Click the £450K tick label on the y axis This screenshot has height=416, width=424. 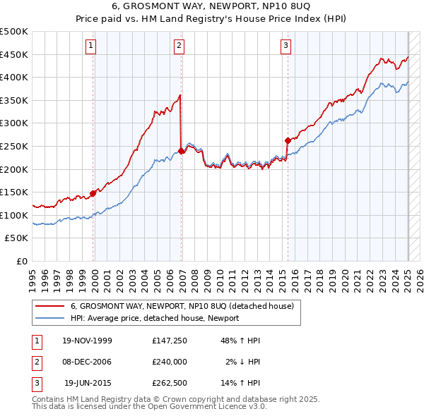[14, 54]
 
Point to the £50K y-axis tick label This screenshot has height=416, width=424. [16, 238]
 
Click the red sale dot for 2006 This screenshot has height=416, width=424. [182, 150]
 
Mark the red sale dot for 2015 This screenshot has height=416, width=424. [288, 140]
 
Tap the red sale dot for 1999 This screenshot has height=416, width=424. [93, 193]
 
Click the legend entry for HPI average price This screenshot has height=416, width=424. [154, 318]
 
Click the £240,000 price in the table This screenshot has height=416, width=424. [170, 362]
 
